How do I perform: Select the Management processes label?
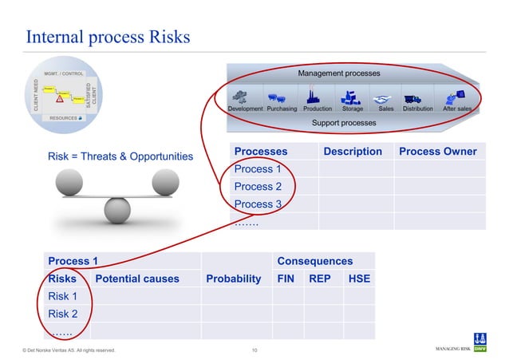click(x=339, y=73)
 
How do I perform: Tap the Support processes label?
click(x=343, y=123)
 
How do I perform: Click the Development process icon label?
click(x=245, y=109)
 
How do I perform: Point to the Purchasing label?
click(x=282, y=109)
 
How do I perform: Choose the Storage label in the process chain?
click(x=352, y=109)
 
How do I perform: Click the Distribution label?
click(x=418, y=109)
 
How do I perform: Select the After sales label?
click(x=457, y=109)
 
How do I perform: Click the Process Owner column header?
click(x=437, y=152)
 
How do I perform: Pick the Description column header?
click(x=352, y=152)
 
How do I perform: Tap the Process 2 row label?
click(x=258, y=187)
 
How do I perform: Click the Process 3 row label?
click(x=258, y=204)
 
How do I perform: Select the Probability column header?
click(x=233, y=279)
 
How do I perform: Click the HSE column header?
click(x=358, y=279)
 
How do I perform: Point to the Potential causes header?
click(x=136, y=279)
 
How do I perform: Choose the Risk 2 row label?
click(x=63, y=314)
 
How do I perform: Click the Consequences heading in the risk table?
click(x=314, y=261)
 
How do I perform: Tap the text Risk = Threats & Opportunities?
click(x=121, y=156)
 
